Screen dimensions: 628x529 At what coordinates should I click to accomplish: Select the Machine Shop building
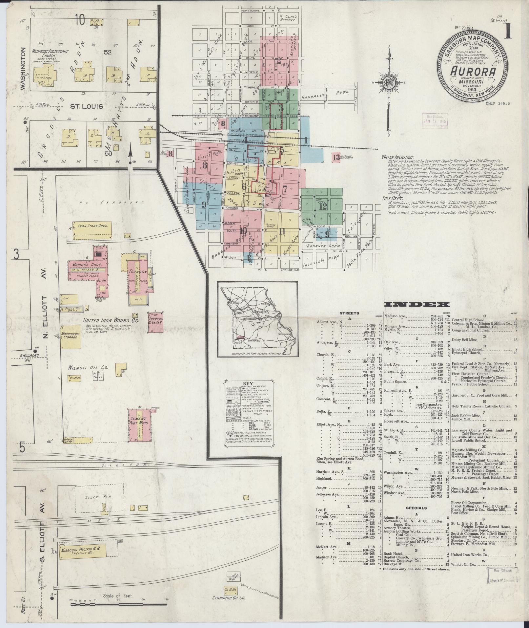(x=86, y=265)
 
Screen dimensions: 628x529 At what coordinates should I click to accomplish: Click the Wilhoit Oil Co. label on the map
(x=84, y=367)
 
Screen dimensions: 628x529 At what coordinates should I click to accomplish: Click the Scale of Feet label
(x=118, y=596)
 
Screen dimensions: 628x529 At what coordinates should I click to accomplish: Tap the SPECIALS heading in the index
(x=417, y=508)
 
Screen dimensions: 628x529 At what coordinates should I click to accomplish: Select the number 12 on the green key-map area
(x=323, y=206)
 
